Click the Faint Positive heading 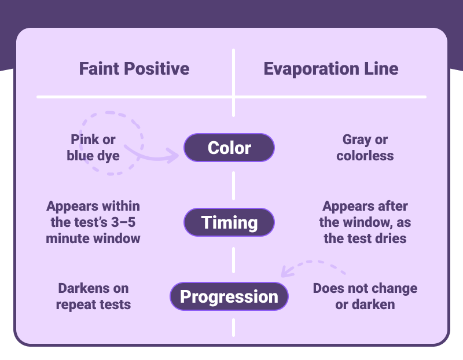134,69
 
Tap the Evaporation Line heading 331,69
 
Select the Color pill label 229,148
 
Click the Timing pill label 229,222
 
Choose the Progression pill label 229,297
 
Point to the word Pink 84,139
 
